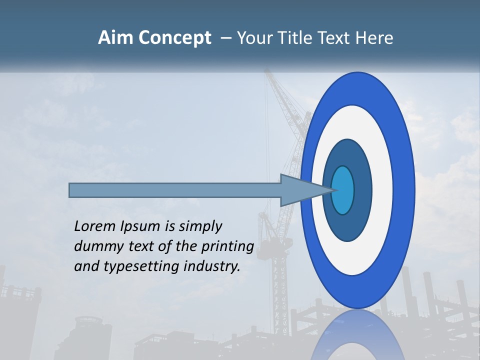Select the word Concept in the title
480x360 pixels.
[x=174, y=38]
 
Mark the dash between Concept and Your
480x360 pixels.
[x=225, y=38]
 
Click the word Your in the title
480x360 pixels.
[x=253, y=38]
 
